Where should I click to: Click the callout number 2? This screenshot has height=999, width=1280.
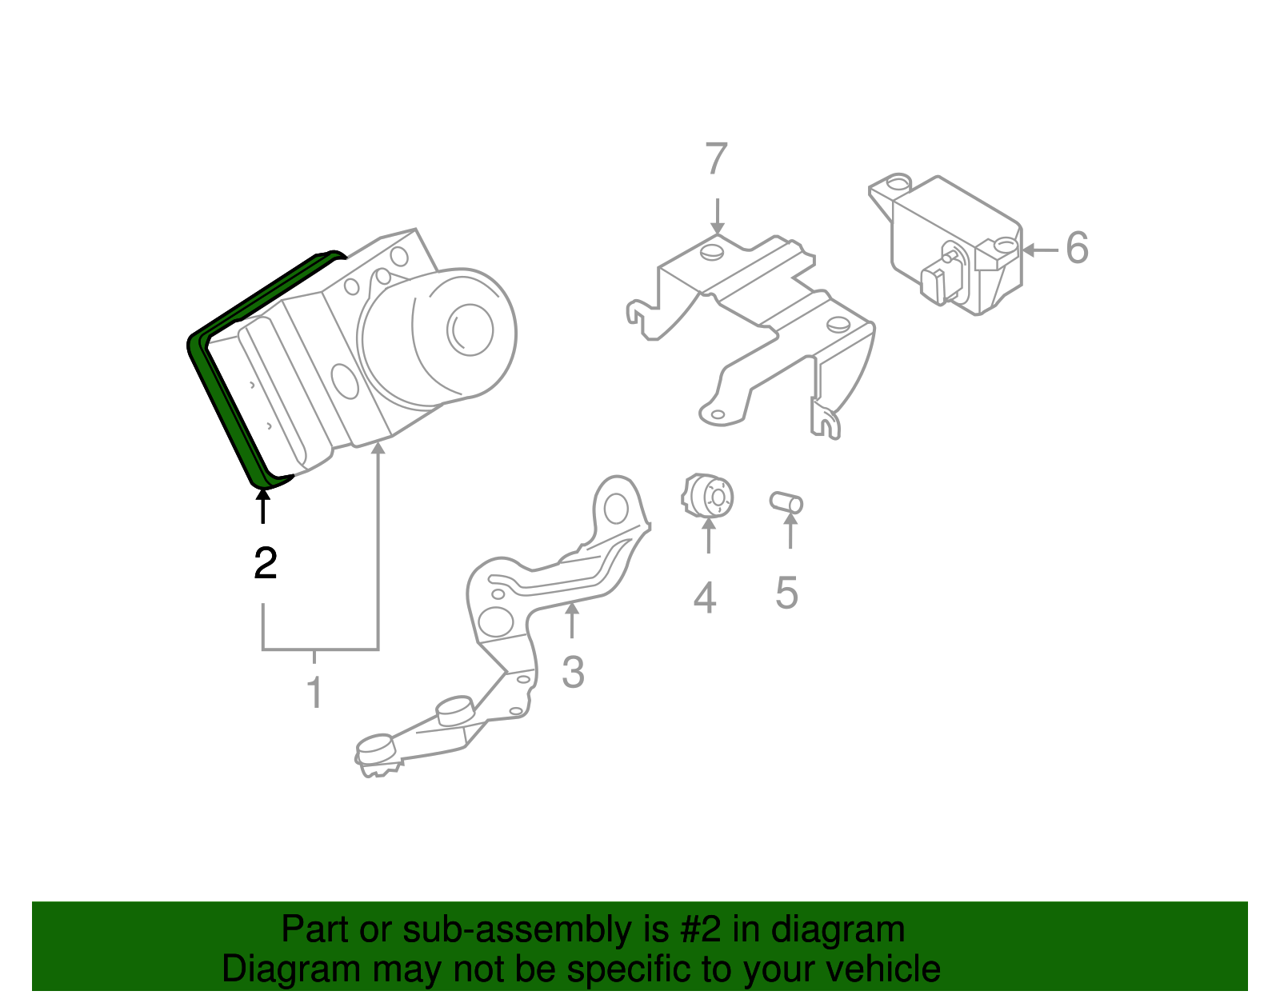pyautogui.click(x=265, y=563)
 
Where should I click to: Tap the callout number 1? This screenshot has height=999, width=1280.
pyautogui.click(x=315, y=691)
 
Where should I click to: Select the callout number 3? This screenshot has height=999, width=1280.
pyautogui.click(x=573, y=672)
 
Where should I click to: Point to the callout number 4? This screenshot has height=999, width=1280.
pyautogui.click(x=705, y=597)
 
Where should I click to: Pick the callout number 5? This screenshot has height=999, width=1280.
pyautogui.click(x=786, y=592)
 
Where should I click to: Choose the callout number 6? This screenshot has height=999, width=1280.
pyautogui.click(x=1077, y=247)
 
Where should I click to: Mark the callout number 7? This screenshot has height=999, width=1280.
pyautogui.click(x=716, y=158)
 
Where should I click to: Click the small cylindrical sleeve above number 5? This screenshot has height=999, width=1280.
pyautogui.click(x=786, y=502)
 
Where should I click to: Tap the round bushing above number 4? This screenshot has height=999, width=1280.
pyautogui.click(x=707, y=496)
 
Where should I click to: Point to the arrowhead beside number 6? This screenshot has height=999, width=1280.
pyautogui.click(x=1029, y=250)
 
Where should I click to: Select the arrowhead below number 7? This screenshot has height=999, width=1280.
pyautogui.click(x=717, y=228)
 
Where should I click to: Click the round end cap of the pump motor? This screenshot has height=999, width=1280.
pyautogui.click(x=470, y=330)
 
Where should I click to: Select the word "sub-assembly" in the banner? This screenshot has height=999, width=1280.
pyautogui.click(x=534, y=929)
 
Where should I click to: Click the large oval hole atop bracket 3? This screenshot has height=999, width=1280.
pyautogui.click(x=615, y=508)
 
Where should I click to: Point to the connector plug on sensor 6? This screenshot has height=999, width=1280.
pyautogui.click(x=942, y=280)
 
